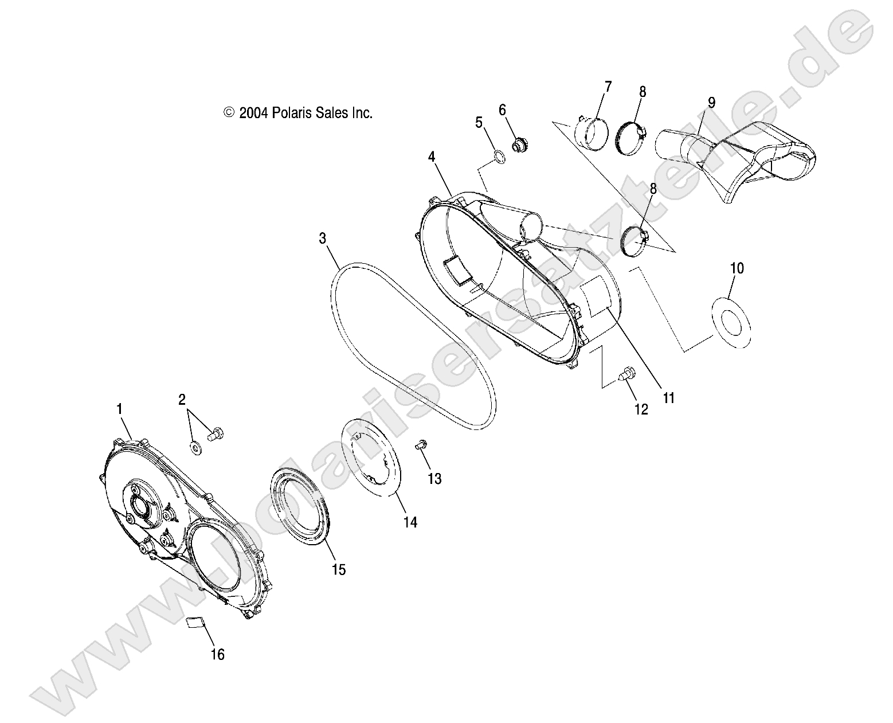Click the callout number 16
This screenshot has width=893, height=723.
[217, 654]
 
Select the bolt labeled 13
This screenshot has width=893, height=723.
[420, 443]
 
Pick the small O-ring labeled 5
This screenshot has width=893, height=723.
[500, 157]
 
